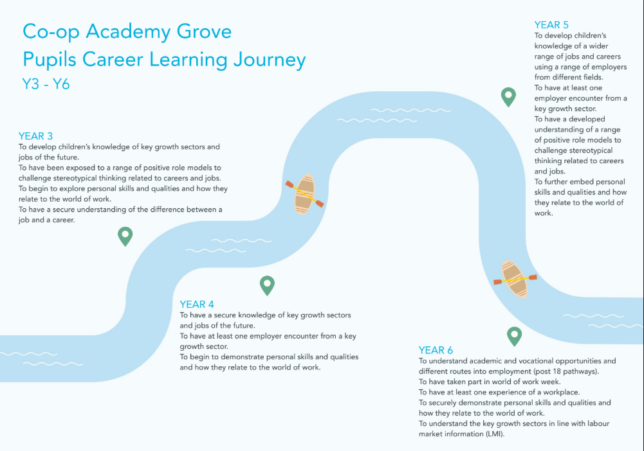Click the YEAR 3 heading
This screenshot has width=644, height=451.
(x=35, y=136)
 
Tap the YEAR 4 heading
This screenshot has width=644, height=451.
(x=197, y=305)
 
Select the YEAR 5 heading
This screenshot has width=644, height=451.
(x=551, y=25)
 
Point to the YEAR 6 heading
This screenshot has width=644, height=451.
(x=436, y=350)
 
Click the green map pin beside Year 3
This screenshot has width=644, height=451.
(x=125, y=236)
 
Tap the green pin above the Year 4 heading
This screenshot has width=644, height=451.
(x=267, y=285)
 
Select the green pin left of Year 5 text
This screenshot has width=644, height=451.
(x=508, y=97)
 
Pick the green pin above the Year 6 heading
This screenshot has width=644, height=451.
(x=514, y=336)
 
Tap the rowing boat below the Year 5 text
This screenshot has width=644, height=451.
(x=515, y=279)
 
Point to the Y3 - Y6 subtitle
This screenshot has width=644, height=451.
(x=46, y=84)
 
